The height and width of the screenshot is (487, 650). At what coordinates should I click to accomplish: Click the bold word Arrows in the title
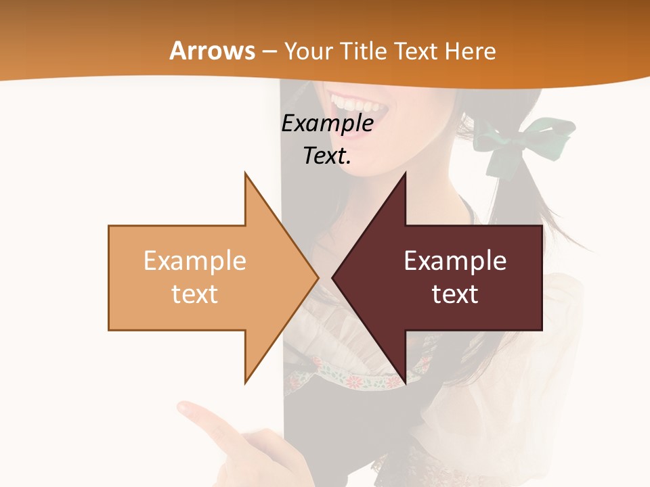pyautogui.click(x=212, y=51)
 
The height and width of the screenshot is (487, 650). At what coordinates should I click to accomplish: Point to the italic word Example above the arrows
pyautogui.click(x=328, y=124)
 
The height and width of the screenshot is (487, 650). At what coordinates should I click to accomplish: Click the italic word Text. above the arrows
pyautogui.click(x=328, y=156)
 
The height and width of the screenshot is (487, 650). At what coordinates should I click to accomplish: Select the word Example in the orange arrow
pyautogui.click(x=195, y=260)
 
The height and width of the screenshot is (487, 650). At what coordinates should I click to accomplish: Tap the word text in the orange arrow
pyautogui.click(x=195, y=294)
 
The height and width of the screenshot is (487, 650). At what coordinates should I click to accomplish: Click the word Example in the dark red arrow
pyautogui.click(x=455, y=260)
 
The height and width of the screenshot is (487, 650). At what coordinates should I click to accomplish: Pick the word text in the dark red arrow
pyautogui.click(x=455, y=294)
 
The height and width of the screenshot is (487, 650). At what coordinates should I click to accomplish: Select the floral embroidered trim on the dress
pyautogui.click(x=352, y=379)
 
